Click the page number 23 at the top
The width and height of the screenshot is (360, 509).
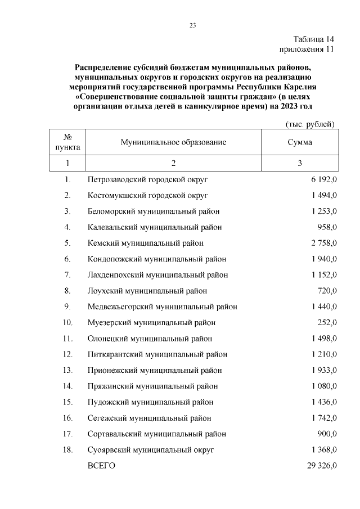click(192, 25)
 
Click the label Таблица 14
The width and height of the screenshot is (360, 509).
click(314, 39)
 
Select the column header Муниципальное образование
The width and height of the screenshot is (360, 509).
click(173, 142)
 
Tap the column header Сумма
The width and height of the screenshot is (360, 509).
click(300, 142)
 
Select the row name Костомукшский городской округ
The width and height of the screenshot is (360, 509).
click(148, 195)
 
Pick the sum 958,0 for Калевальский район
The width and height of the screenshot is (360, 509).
click(327, 227)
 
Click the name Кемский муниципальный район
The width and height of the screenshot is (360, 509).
click(146, 243)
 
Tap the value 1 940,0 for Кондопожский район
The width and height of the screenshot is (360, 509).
click(323, 259)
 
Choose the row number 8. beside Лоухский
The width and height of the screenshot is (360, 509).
click(67, 291)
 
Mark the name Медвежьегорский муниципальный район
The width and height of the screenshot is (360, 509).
click(163, 307)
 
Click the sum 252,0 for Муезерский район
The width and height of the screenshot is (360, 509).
click(327, 323)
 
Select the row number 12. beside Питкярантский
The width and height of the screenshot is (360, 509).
click(67, 354)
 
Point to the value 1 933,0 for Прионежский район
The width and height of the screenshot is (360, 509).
click(323, 371)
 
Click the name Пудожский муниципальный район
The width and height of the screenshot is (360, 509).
click(151, 402)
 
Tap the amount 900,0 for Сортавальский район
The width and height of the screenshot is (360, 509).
click(327, 434)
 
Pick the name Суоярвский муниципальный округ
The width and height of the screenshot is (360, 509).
click(151, 450)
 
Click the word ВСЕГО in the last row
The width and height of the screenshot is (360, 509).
click(101, 466)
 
